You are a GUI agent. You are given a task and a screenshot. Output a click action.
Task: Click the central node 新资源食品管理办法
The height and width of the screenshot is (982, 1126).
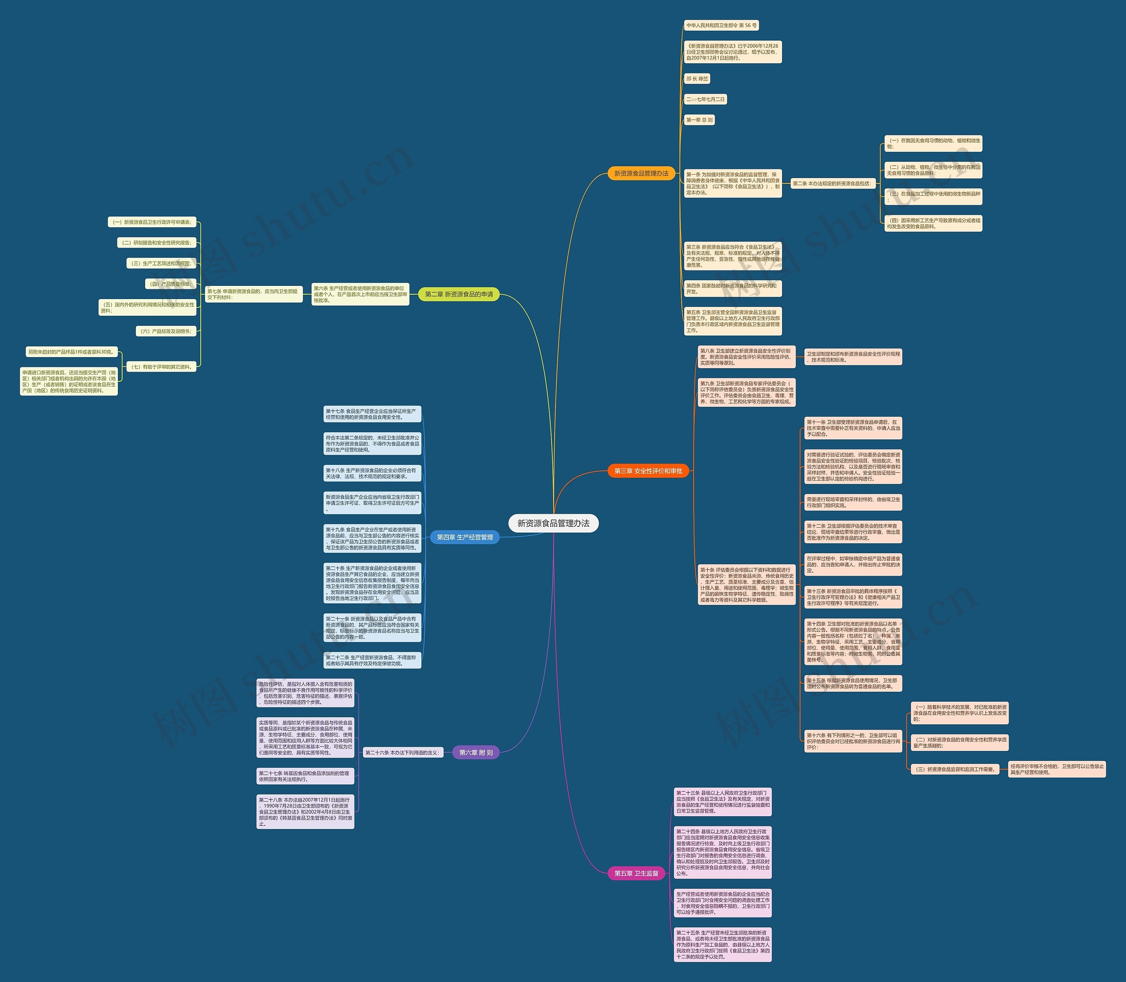point(553,523)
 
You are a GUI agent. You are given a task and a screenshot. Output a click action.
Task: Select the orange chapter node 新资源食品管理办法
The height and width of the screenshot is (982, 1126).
point(641,174)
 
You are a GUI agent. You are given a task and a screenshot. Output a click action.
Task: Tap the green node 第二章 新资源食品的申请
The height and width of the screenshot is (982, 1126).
point(459,294)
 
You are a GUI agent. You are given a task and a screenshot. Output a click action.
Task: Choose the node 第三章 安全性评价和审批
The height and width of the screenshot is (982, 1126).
point(648,471)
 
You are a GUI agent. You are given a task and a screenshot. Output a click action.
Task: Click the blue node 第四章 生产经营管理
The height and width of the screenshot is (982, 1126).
point(465,537)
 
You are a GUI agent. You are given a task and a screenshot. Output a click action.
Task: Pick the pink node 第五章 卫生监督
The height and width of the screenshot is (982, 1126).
point(636,873)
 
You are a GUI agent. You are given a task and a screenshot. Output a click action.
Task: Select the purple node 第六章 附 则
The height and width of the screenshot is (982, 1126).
point(476,752)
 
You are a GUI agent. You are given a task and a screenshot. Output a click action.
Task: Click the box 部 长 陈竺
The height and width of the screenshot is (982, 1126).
point(697,79)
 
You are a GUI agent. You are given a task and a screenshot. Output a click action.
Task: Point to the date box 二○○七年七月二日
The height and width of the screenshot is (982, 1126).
point(706,99)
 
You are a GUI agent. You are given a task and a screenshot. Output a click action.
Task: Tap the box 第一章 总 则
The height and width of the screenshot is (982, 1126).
point(699,120)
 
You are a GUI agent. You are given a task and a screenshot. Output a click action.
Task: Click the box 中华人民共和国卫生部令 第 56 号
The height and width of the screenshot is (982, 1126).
point(721,25)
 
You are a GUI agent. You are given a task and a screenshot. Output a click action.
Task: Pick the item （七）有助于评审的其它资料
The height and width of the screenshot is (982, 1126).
point(161,367)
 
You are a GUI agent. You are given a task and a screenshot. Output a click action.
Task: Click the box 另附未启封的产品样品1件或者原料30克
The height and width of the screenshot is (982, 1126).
point(71,352)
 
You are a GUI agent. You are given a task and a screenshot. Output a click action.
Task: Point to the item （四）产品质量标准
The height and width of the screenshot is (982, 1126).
point(171,284)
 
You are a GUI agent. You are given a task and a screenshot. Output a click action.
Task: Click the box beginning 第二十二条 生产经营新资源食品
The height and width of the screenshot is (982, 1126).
point(372,661)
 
